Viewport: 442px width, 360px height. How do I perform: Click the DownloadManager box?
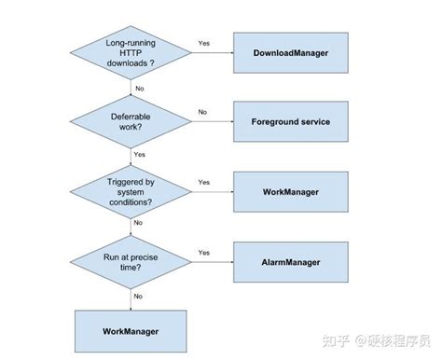(x=290, y=54)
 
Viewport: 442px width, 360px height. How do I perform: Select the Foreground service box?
(x=290, y=122)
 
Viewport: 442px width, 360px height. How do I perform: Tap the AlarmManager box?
(x=290, y=263)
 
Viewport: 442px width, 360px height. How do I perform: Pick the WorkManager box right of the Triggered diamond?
(x=290, y=191)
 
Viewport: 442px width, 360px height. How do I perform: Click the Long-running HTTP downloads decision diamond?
(x=130, y=54)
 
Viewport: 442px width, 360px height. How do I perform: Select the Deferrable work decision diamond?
(x=130, y=122)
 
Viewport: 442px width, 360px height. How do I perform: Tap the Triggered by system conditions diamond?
(x=130, y=191)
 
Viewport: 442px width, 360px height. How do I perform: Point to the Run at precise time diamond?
(x=130, y=263)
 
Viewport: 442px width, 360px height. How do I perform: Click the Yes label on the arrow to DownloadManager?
(x=204, y=43)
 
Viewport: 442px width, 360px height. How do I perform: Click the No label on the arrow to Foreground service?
(x=202, y=112)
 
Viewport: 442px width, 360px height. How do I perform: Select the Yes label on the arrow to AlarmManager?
(x=204, y=252)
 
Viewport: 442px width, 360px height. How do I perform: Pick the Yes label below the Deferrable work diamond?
(x=140, y=155)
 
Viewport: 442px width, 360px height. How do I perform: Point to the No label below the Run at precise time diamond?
(x=140, y=296)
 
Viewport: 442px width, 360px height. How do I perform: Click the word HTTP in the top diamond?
(x=130, y=54)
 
